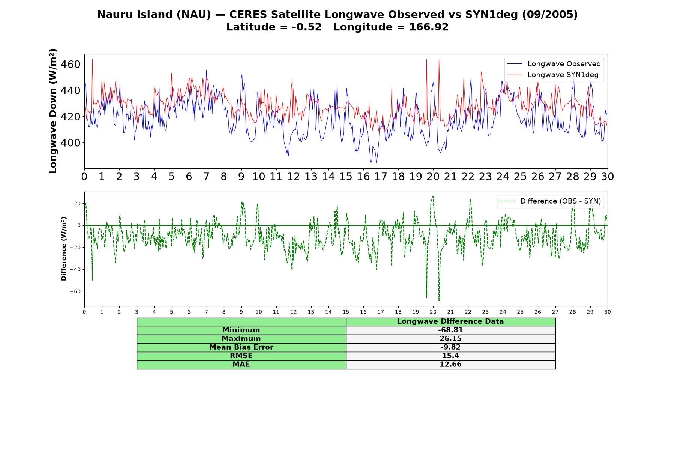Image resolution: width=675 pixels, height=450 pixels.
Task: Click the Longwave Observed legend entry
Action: [553, 64]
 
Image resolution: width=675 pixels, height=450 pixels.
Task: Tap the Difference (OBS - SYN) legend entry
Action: [550, 201]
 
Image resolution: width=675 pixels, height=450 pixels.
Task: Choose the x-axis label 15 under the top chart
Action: [346, 176]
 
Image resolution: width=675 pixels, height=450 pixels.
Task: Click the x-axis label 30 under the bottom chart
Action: [607, 312]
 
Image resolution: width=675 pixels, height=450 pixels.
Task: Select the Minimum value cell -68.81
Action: [450, 330]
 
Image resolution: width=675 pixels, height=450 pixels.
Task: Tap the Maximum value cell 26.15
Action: [450, 339]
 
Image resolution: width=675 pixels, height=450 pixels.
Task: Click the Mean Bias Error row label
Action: [241, 347]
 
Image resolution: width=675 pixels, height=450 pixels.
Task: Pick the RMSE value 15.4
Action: [450, 356]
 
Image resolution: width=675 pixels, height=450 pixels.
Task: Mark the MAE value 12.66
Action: [450, 364]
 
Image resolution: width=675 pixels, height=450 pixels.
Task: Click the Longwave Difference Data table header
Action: [450, 321]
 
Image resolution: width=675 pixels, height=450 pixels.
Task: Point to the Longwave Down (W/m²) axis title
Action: [53, 111]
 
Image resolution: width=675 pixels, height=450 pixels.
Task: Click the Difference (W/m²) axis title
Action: [64, 249]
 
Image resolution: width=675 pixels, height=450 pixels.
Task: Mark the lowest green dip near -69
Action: [439, 300]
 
